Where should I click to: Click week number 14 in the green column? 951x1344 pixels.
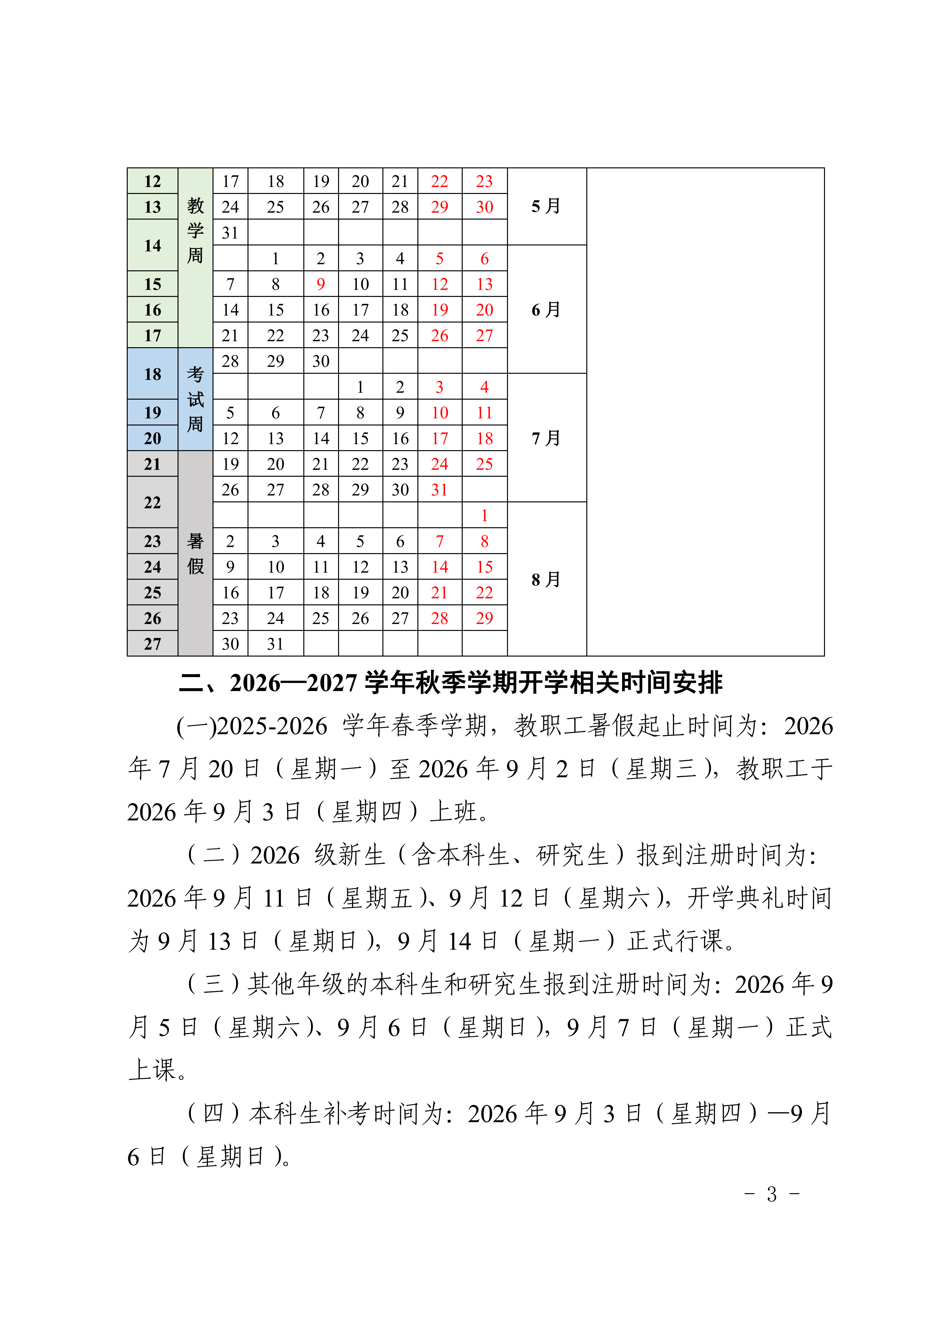pos(152,245)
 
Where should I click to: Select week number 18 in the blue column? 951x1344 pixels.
pos(152,374)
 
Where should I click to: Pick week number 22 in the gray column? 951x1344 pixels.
pos(152,502)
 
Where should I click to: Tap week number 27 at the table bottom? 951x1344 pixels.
pos(152,644)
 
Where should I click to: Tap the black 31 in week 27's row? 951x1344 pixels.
pos(275,644)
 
